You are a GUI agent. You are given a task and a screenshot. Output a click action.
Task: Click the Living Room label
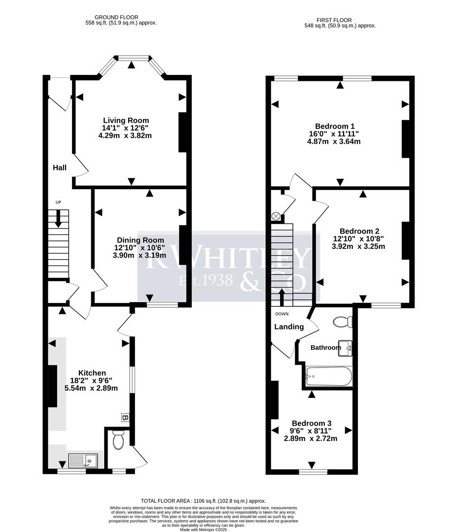(126, 121)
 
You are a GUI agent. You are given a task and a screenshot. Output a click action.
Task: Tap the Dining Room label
(141, 240)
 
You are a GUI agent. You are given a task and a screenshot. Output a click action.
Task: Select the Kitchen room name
(92, 373)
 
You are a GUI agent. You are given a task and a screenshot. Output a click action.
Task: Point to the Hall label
(60, 167)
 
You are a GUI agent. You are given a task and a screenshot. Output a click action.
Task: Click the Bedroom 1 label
(335, 126)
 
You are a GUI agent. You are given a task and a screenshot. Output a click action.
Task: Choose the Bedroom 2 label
(359, 232)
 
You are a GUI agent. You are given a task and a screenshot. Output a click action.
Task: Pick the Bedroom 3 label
(312, 424)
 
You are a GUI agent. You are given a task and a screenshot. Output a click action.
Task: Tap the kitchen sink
(83, 461)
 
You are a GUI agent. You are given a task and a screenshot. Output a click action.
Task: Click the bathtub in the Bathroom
(329, 376)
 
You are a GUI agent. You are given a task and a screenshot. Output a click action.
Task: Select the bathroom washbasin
(345, 348)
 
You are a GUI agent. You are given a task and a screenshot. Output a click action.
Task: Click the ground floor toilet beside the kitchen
(118, 440)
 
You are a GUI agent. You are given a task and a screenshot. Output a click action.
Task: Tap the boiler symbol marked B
(125, 417)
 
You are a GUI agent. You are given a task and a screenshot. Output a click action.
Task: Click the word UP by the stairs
(58, 202)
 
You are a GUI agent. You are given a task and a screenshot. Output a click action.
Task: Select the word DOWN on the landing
(282, 314)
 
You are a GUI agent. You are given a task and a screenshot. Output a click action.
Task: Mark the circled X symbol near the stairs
(276, 216)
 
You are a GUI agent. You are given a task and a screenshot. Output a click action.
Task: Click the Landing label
(289, 327)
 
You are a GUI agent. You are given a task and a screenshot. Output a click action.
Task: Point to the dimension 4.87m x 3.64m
(334, 141)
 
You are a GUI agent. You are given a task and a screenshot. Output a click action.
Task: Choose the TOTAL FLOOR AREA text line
(204, 501)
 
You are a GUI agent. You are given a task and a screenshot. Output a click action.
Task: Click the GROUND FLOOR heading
(116, 17)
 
